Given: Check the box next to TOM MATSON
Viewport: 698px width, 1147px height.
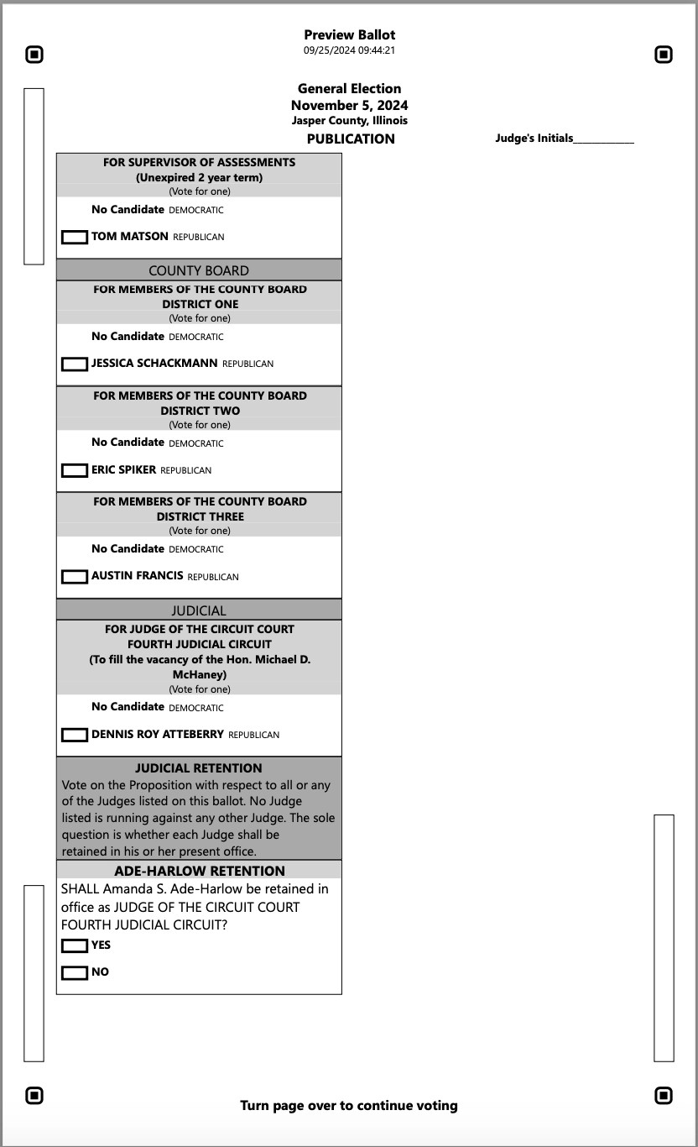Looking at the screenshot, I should [x=75, y=238].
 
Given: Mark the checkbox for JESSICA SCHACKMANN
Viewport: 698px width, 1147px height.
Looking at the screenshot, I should [x=75, y=364].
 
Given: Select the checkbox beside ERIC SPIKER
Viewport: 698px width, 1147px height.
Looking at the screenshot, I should [x=75, y=471].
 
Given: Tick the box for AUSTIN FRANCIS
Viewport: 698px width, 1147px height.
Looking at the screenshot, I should [x=75, y=577].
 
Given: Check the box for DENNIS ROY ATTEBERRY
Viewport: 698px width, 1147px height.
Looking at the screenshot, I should [x=75, y=735].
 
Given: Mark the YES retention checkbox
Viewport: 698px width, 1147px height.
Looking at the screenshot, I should [x=75, y=946].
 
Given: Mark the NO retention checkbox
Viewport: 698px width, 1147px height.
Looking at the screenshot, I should [x=75, y=973].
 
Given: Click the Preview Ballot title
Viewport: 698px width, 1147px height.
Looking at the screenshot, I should [x=349, y=34].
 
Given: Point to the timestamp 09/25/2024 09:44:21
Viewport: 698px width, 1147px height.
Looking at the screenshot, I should [x=349, y=50].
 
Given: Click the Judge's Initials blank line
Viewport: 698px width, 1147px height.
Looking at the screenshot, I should [x=603, y=140].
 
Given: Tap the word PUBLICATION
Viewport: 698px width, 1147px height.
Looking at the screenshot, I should [x=350, y=139].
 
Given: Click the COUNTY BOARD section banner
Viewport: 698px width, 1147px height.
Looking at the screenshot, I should [x=199, y=270].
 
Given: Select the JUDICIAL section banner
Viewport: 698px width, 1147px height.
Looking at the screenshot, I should [x=199, y=610].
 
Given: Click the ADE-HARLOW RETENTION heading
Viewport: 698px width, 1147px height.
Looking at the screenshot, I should [x=199, y=871].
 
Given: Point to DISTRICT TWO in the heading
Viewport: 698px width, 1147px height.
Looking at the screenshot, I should [x=200, y=411].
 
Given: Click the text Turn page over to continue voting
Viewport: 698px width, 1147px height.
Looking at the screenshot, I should [x=349, y=1105].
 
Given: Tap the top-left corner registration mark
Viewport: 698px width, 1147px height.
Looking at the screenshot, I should [x=34, y=55].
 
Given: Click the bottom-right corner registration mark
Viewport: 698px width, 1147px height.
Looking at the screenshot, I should [x=664, y=1095].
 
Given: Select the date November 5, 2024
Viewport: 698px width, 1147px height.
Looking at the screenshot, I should [x=349, y=105].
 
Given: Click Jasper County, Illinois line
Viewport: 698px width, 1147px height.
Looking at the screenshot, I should [x=349, y=121].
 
